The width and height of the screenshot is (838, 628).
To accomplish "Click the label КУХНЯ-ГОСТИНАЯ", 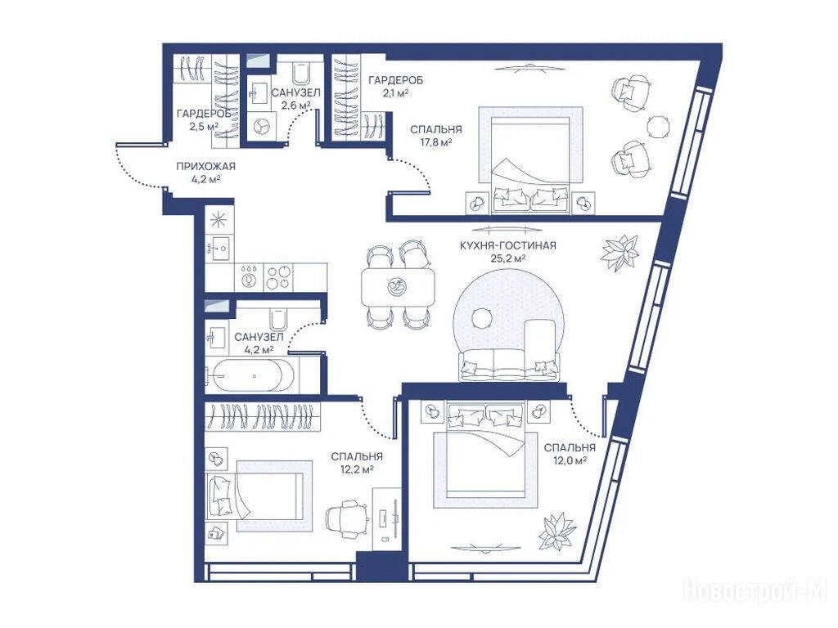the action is pos(507,245).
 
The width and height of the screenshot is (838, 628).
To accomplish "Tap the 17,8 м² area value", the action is pos(436,142).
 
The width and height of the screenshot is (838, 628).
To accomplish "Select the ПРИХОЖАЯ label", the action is pos(205,167).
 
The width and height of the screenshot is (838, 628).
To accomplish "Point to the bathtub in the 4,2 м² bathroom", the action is pos(250,376).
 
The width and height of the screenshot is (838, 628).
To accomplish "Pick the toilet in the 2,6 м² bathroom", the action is pos(301,73).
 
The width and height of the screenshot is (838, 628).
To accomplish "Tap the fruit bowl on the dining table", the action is pos(397,287).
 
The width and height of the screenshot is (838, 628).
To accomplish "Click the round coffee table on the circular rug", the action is pos(482,319).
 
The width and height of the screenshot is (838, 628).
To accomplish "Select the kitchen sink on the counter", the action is pos(219,247).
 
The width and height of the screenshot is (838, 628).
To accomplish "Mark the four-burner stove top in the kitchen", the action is pos(278,277).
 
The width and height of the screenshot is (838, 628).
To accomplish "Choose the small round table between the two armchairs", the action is pos(658,126).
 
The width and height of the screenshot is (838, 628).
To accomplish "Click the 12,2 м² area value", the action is pos(357,469).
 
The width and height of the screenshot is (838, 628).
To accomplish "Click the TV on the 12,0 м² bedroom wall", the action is pos(485,548).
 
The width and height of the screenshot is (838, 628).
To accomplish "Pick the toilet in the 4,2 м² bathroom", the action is pos(278,320).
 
